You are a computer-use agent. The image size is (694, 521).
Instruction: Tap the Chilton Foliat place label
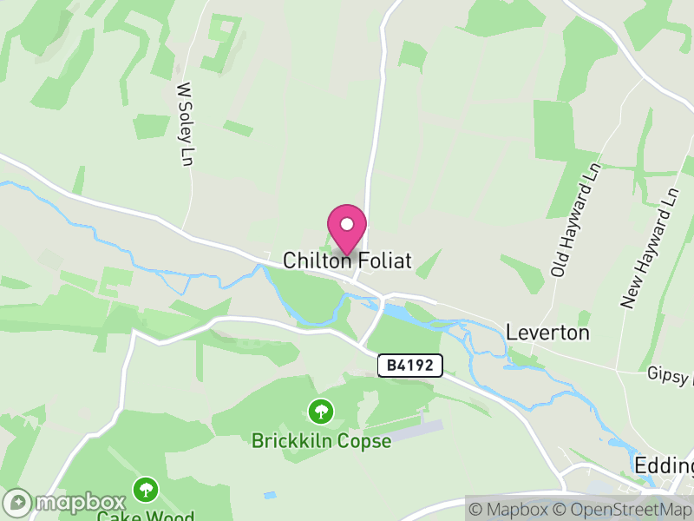347,260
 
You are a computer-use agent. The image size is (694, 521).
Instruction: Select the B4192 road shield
410,366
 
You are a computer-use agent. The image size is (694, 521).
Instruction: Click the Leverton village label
547,333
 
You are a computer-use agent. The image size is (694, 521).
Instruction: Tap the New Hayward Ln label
648,248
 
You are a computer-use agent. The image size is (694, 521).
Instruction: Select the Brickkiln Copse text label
321,440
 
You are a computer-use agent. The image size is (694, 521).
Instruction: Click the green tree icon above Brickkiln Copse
321,409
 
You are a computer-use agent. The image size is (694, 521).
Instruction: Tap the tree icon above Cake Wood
145,490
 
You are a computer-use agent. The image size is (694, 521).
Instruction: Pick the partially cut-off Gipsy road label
670,374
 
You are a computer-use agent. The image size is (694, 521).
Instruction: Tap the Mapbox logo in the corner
66,502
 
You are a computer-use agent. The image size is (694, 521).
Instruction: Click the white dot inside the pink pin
347,224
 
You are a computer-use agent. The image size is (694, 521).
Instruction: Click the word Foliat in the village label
383,260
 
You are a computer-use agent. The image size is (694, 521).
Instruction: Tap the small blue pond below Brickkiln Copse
270,495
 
